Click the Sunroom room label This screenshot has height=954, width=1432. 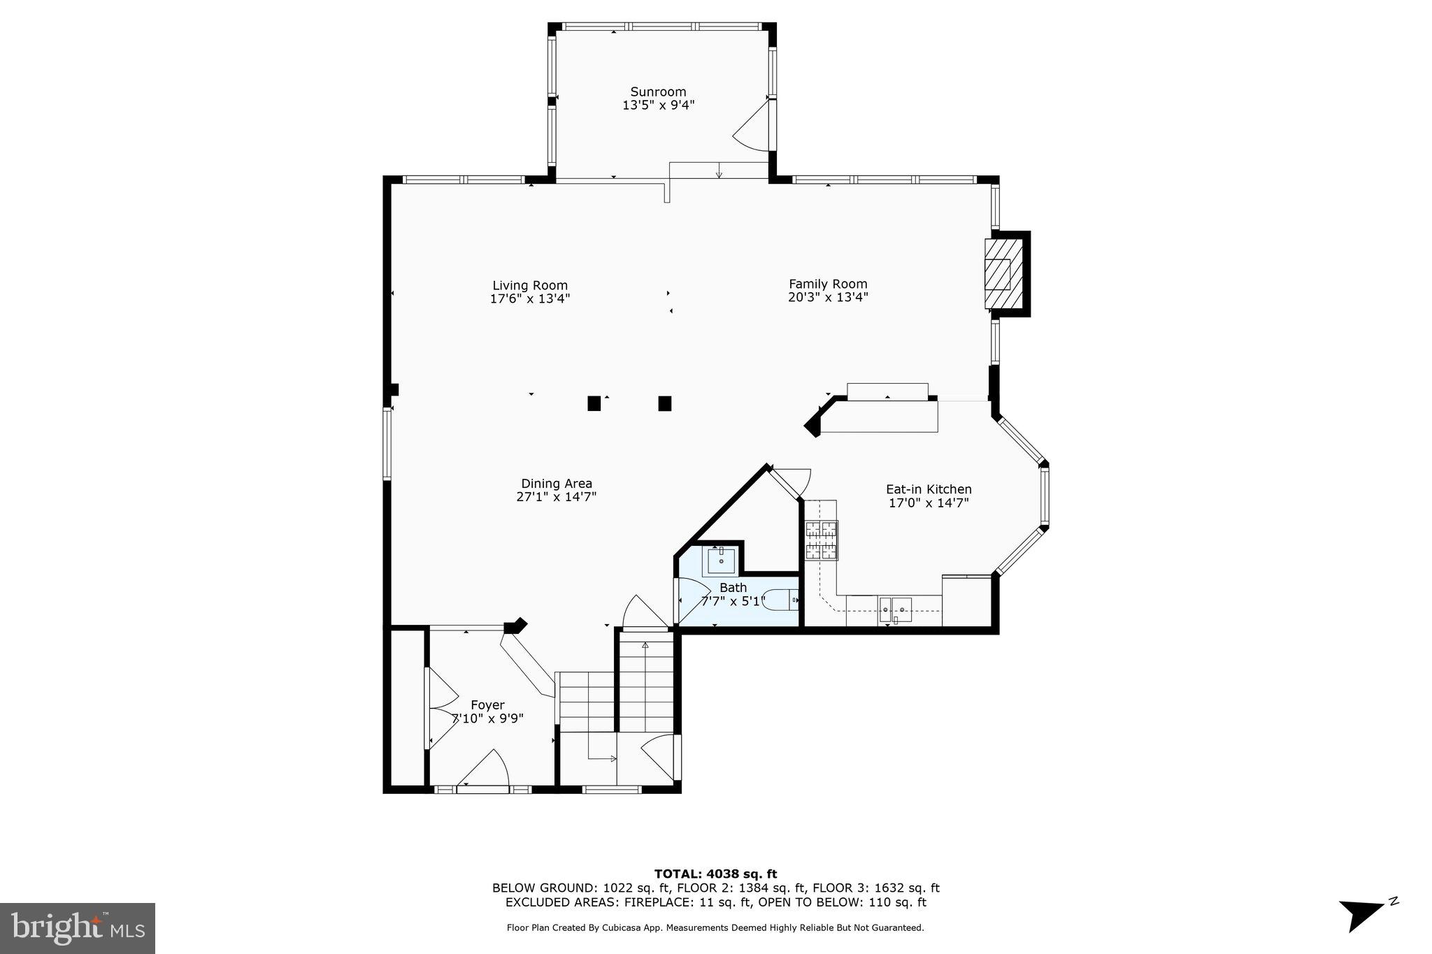click(x=658, y=92)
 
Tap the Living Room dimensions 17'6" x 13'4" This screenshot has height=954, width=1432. click(x=530, y=299)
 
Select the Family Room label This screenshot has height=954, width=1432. click(x=828, y=284)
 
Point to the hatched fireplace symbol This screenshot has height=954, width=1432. click(x=998, y=274)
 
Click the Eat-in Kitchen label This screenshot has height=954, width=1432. click(x=929, y=489)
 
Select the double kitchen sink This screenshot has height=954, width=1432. click(x=894, y=609)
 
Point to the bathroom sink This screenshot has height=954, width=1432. click(x=720, y=560)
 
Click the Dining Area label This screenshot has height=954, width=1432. click(x=557, y=484)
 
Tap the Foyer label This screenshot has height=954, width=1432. click(x=487, y=705)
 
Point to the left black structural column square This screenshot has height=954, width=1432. click(x=594, y=403)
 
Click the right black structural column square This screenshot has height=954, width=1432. click(x=665, y=403)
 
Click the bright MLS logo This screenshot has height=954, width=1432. click(x=78, y=928)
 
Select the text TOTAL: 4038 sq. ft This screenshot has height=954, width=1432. click(x=715, y=874)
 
